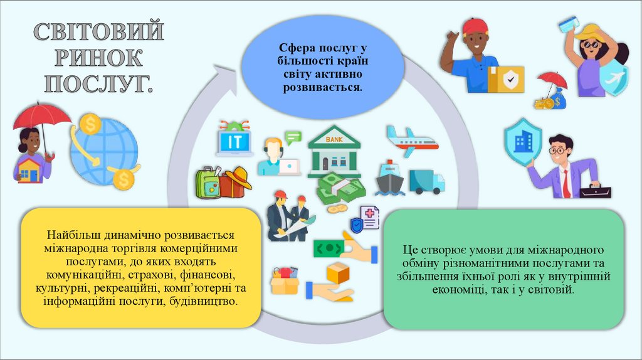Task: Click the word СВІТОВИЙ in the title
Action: pyautogui.click(x=98, y=31)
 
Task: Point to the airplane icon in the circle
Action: pyautogui.click(x=411, y=141)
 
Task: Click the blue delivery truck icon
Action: pyautogui.click(x=426, y=181)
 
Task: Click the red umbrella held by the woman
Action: pyautogui.click(x=42, y=116)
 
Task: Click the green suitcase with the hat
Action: pyautogui.click(x=209, y=183)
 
